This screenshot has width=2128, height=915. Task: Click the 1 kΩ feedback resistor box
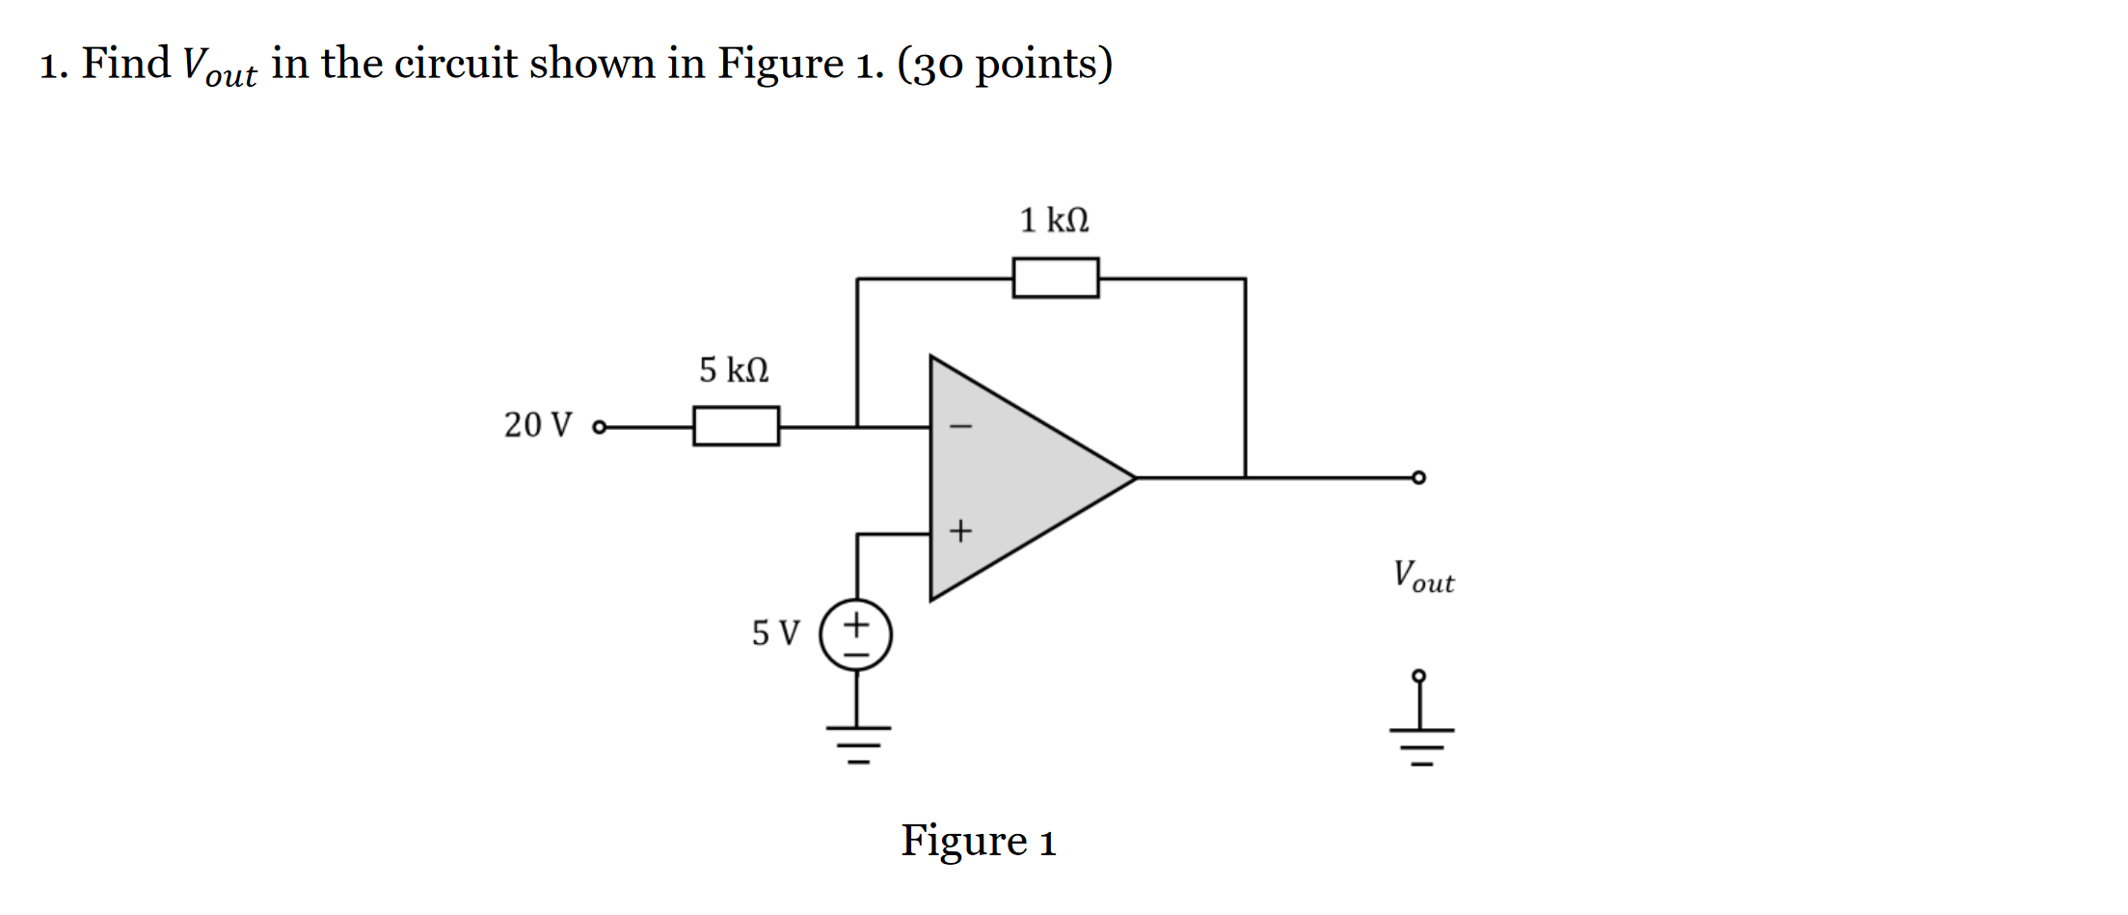1055,278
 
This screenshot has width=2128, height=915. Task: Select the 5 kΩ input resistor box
736,426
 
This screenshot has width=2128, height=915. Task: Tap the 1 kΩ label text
1054,220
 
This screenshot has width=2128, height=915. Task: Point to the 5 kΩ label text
734,369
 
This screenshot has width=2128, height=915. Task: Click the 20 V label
538,424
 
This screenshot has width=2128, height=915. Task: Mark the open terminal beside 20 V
600,427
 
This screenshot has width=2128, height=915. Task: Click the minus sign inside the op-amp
960,426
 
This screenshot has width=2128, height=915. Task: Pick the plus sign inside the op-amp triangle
960,531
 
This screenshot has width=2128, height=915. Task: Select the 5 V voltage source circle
856,634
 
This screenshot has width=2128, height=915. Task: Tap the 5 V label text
775,633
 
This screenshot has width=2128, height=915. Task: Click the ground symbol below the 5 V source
857,743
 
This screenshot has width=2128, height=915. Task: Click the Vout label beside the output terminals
1423,577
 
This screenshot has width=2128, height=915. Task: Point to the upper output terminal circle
1418,477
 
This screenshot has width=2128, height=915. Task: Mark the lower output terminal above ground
1418,677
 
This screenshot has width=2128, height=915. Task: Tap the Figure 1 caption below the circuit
978,841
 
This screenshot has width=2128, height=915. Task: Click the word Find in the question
125,64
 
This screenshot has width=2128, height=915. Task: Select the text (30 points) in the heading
1005,65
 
